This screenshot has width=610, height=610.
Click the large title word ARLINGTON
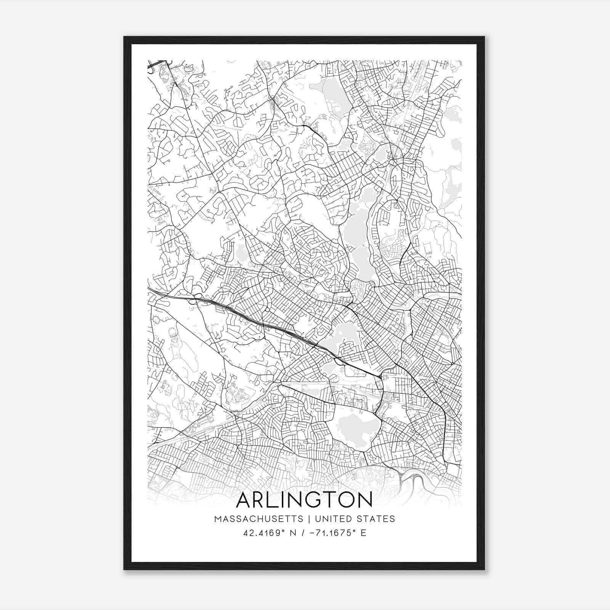[304, 500]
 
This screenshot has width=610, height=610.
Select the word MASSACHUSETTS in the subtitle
[258, 519]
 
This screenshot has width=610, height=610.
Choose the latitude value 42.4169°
[264, 533]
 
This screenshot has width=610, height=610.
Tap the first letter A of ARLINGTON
[244, 500]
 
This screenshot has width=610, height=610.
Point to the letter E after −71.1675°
[363, 533]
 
